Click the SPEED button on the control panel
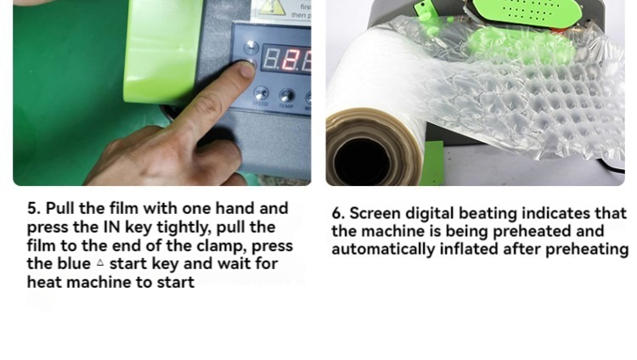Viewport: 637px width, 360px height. coord(261,93)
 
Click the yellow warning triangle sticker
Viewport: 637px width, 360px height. coord(272,8)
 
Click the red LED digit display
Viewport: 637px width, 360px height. coord(287,58)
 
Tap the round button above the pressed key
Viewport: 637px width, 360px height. coord(251,48)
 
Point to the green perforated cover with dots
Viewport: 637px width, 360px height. coord(527,12)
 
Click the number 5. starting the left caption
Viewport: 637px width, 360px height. coord(34,208)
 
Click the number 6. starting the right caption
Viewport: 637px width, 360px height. coord(338,213)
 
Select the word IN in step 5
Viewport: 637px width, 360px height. coord(112,228)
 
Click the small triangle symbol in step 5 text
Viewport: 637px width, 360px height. coord(100,263)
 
